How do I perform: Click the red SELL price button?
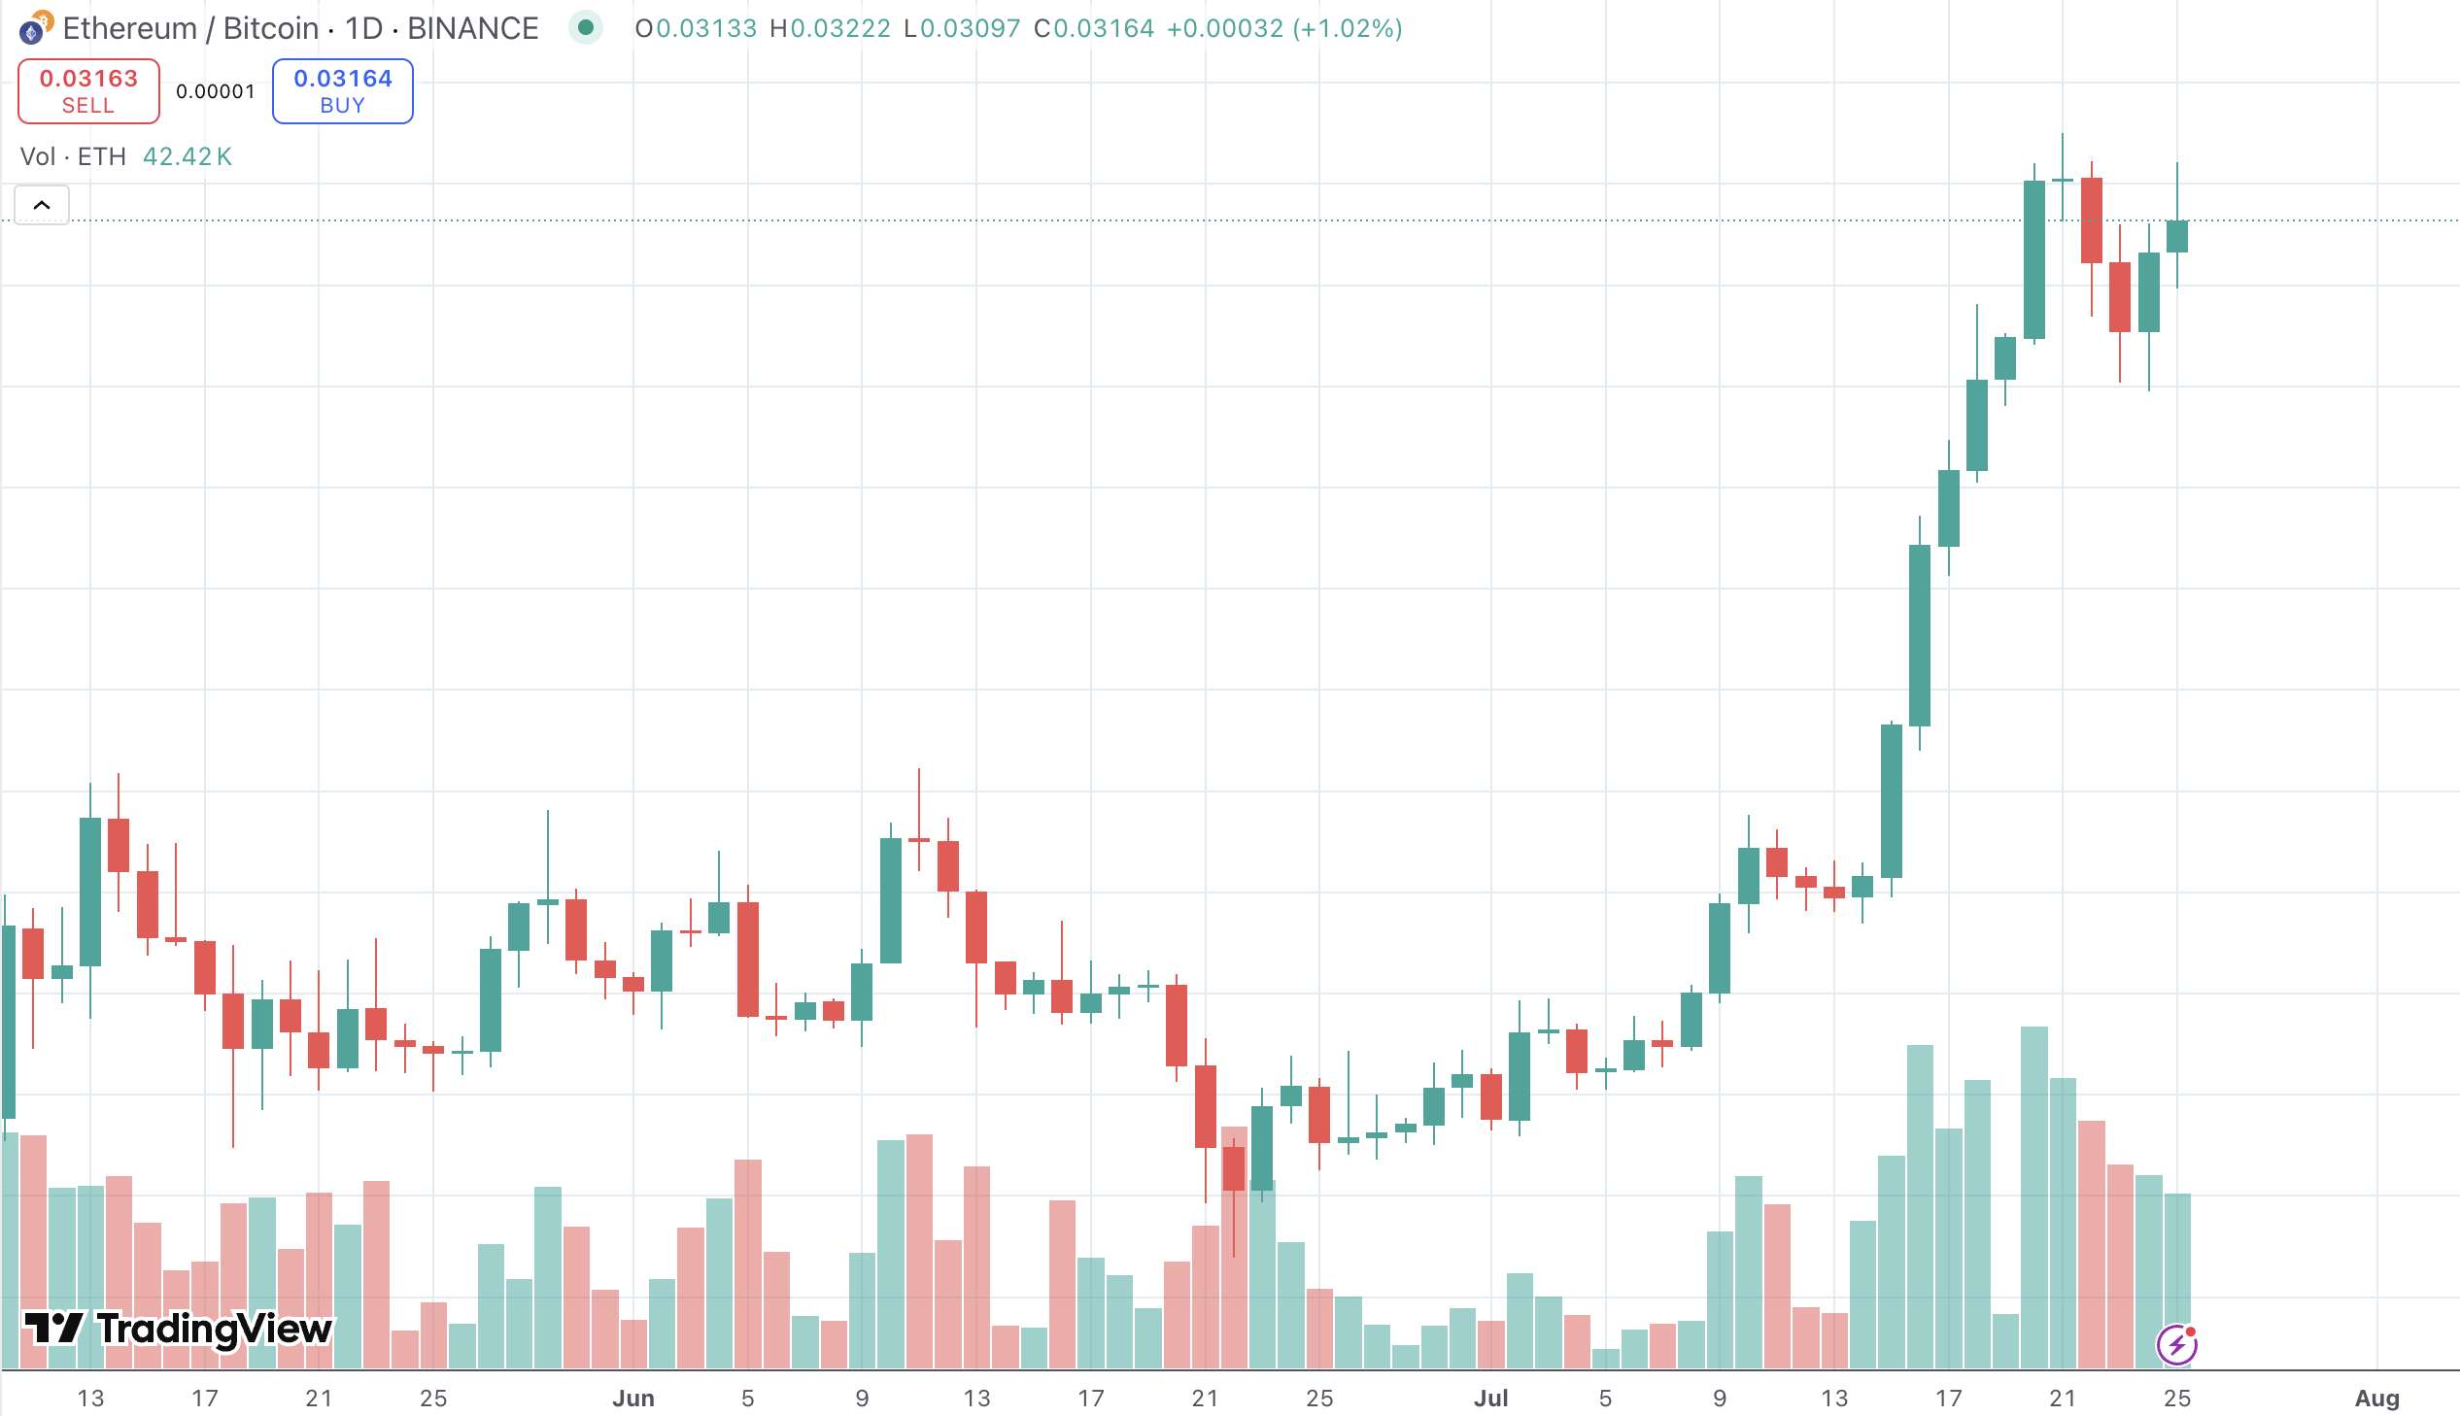(88, 90)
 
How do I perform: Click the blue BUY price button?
(342, 90)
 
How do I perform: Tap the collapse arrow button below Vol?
(42, 205)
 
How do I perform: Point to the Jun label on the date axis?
(633, 1398)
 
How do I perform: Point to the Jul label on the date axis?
(1490, 1398)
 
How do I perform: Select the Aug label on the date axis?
(2376, 1398)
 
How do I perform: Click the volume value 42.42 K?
(188, 156)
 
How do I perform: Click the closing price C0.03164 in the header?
(1093, 28)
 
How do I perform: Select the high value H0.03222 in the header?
(830, 28)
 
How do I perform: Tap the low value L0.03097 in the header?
(962, 28)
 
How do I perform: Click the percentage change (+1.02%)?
(1348, 28)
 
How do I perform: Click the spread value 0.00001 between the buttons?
(215, 91)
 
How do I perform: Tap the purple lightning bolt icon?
(2176, 1345)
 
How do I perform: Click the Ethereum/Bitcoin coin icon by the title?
(35, 28)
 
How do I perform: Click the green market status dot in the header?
(586, 27)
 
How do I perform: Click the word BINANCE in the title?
(473, 28)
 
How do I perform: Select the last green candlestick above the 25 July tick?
(2177, 236)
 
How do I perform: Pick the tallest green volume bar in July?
(2033, 1197)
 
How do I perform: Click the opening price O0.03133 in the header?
(696, 28)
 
